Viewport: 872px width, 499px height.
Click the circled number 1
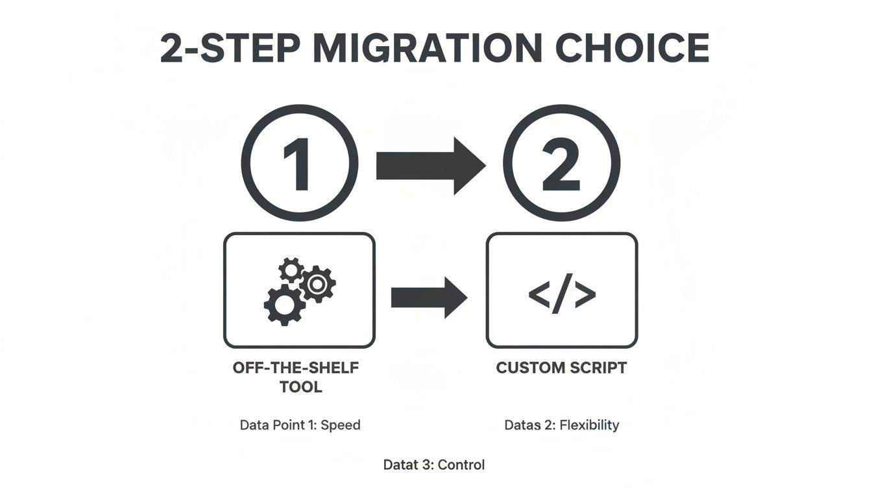coord(299,163)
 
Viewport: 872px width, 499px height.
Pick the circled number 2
coord(561,163)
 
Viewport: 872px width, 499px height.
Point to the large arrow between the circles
coord(430,165)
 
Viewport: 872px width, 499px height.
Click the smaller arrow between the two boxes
coord(429,298)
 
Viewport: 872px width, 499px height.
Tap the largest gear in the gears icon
coord(285,304)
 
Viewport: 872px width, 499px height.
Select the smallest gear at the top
coord(290,268)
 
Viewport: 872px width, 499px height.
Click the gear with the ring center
coord(317,284)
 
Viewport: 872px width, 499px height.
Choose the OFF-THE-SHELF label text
coord(295,368)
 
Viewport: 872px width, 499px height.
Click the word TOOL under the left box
coord(300,387)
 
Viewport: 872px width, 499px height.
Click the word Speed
coord(341,426)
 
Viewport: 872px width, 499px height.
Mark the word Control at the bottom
coord(461,465)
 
